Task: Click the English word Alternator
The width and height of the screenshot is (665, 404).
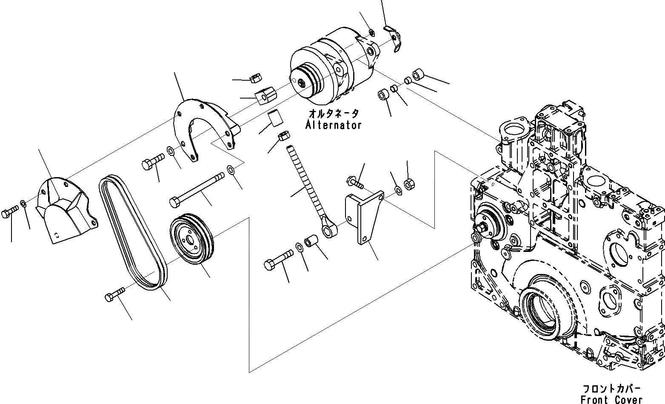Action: click(x=333, y=125)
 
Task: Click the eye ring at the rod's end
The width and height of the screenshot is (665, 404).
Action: click(x=329, y=231)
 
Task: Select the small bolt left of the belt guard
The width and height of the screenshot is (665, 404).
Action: click(x=10, y=212)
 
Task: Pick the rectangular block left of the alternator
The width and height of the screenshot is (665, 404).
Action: click(x=265, y=96)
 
